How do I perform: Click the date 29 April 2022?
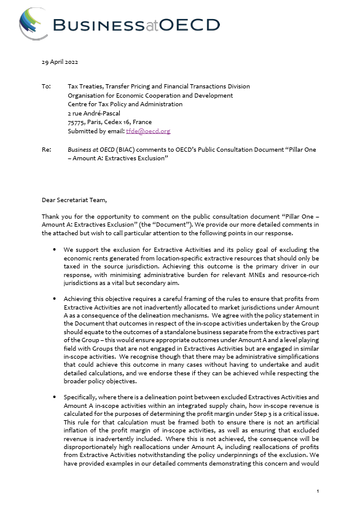pyautogui.click(x=60, y=62)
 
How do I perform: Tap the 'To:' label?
pyautogui.click(x=46, y=87)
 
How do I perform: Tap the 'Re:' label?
pyautogui.click(x=46, y=149)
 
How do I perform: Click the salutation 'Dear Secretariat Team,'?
pyautogui.click(x=74, y=200)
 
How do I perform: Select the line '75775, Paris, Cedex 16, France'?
pyautogui.click(x=109, y=122)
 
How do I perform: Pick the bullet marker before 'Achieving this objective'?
pyautogui.click(x=55, y=296)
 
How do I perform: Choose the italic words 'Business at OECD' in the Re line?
pyautogui.click(x=93, y=149)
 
